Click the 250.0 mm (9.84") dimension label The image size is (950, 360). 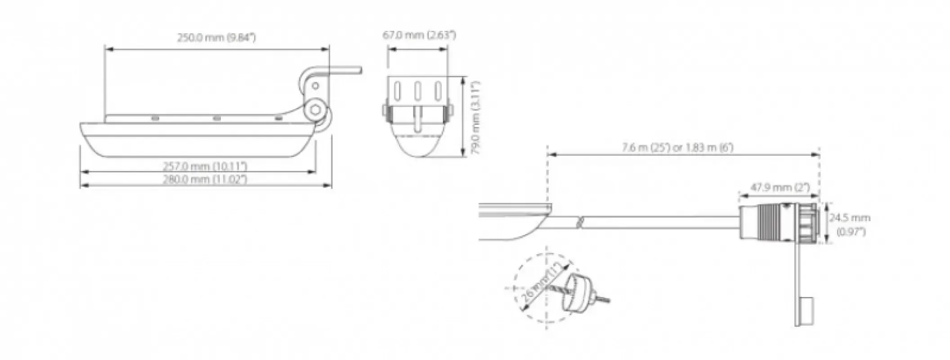(216, 37)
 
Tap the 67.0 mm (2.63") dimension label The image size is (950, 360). (419, 35)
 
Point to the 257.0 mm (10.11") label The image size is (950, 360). (205, 166)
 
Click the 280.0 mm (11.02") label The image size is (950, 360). (205, 179)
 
